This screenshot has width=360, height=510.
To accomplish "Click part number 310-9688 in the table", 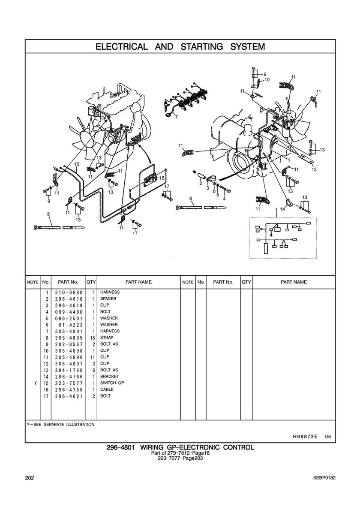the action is coord(69,293).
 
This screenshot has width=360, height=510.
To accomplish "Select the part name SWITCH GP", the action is coord(112,383).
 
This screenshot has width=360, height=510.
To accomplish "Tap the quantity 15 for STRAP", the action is coord(92,338).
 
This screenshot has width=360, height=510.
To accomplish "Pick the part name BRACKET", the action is coord(109,376).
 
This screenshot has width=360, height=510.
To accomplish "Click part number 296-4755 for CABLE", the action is coord(69,389).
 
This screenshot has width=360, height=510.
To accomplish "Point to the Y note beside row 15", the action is coord(35,383).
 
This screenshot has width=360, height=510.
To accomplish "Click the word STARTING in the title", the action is coord(202,47).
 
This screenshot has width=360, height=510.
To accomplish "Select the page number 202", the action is coord(29,478).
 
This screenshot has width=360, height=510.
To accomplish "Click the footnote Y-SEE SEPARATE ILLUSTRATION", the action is coord(61,425).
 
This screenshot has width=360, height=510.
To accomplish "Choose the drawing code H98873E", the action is coord(303,437).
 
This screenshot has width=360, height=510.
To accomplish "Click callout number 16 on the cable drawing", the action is coord(77,164).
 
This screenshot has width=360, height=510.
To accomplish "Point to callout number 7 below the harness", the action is coord(176,117).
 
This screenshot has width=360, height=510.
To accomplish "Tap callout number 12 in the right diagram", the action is coord(314,169).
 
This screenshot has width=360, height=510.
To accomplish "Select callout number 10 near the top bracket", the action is coord(267,79).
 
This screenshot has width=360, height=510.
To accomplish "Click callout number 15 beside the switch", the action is coord(162,178).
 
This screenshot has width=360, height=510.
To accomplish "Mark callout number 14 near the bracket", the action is coord(282,209).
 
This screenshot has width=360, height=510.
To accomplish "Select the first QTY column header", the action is coord(91,282).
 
